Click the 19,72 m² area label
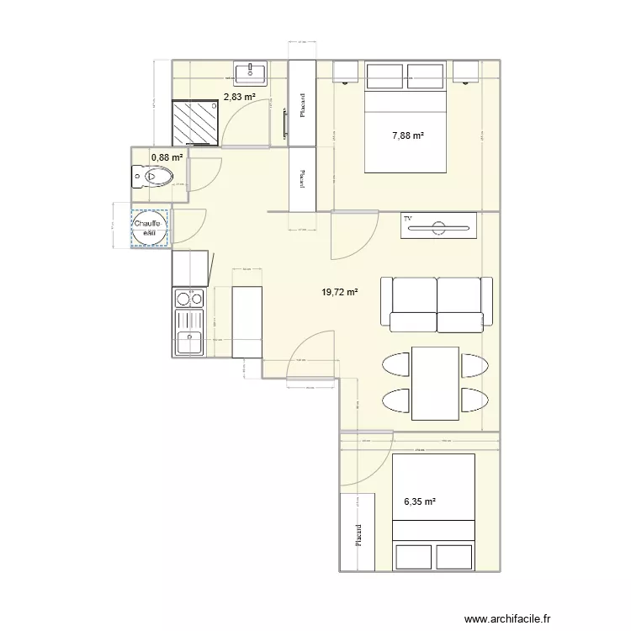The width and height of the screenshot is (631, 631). click(x=340, y=293)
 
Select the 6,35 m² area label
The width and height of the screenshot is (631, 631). click(x=420, y=502)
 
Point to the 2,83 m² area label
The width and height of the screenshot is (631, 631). click(x=239, y=98)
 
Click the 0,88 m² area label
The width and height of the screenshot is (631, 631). click(x=167, y=156)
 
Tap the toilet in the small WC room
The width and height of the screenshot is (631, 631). click(x=153, y=178)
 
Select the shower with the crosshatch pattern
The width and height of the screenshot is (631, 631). click(x=197, y=122)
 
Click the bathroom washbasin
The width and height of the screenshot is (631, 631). click(x=250, y=73)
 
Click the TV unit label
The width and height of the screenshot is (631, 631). click(x=409, y=219)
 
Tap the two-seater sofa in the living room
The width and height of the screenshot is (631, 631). click(x=435, y=302)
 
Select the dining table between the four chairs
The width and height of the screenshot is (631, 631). click(x=435, y=383)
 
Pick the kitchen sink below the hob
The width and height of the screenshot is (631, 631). click(x=188, y=342)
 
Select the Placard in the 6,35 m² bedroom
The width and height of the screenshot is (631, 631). click(x=357, y=532)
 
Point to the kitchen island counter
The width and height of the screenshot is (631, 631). click(x=247, y=322)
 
